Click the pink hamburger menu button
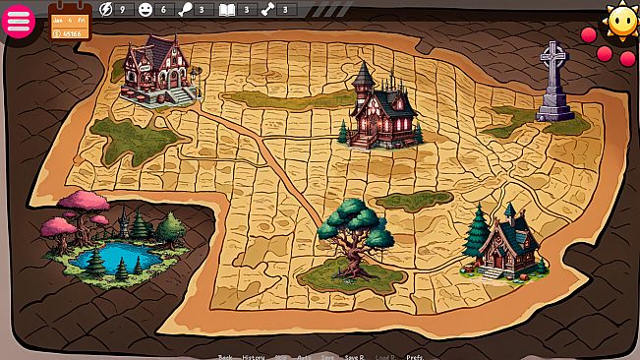tap(20, 21)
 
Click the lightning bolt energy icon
tap(107, 9)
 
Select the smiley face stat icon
tap(145, 9)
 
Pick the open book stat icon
tap(227, 9)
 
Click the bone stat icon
tap(266, 9)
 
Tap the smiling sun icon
tap(621, 20)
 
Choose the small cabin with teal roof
tap(512, 244)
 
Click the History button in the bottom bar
tap(254, 356)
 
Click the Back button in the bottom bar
tap(225, 356)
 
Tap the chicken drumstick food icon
tap(185, 9)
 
